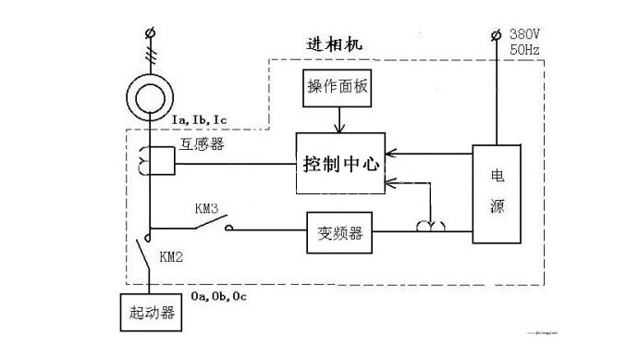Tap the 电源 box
498,193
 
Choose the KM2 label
171,256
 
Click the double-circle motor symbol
149,97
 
